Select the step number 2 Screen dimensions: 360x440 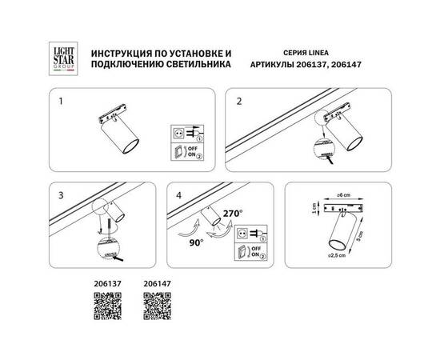coord(239,102)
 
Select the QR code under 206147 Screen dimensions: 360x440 coord(156,307)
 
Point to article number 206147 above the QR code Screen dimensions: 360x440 coord(156,282)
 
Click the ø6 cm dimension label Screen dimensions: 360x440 coord(346,196)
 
